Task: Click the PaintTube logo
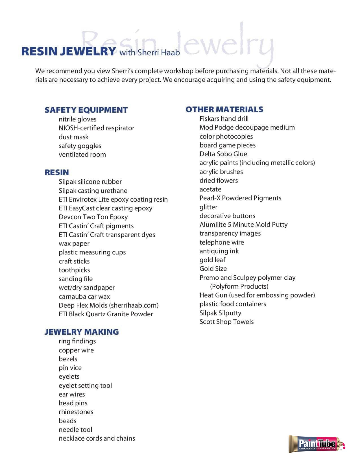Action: pos(317,444)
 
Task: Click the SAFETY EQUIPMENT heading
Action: pos(86,110)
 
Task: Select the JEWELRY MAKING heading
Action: pos(82,332)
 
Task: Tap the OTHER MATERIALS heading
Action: pos(224,109)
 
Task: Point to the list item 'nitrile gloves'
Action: pos(77,119)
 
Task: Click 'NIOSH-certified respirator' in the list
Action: pos(96,128)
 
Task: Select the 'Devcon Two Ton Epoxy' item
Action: pos(93,217)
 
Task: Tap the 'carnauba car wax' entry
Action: pos(84,297)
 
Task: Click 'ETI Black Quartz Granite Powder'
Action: pos(106,314)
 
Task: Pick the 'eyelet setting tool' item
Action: pos(85,386)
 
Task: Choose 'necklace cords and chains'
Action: pos(97,438)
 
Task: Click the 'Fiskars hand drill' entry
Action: pos(224,119)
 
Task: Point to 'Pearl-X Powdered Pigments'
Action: pos(240,198)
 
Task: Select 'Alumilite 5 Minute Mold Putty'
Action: pos(243,225)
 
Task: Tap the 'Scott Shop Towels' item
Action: pos(226,322)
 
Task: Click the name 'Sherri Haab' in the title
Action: pos(159,53)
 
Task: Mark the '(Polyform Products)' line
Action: pos(239,286)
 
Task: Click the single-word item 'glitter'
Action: pos(208,207)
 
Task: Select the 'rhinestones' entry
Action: pos(76,412)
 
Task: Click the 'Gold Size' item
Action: pos(213,269)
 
